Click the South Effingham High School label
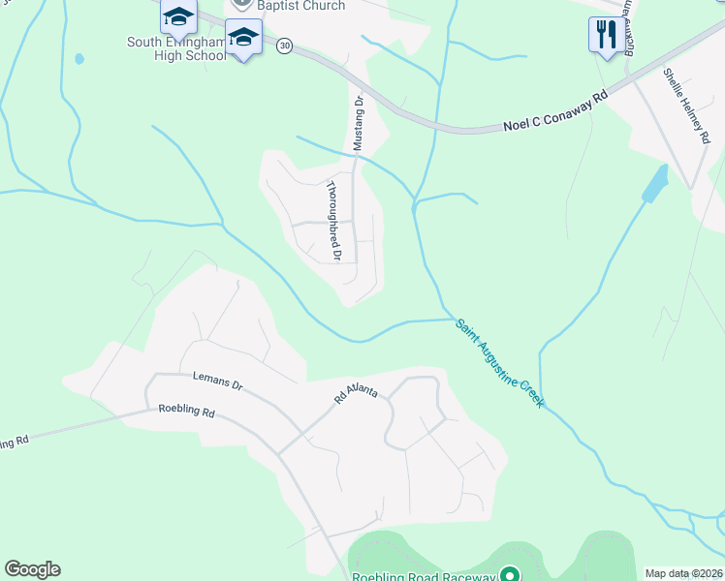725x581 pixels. point(176,48)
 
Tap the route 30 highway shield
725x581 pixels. point(284,46)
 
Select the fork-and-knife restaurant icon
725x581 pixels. point(605,36)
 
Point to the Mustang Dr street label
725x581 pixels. point(357,121)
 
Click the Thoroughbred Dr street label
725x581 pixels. point(332,222)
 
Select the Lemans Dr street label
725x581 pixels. point(217,382)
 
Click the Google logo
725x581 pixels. point(32,569)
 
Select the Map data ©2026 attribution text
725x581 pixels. point(683,573)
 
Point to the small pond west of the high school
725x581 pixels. point(79,58)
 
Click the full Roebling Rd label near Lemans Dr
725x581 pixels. point(186,411)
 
